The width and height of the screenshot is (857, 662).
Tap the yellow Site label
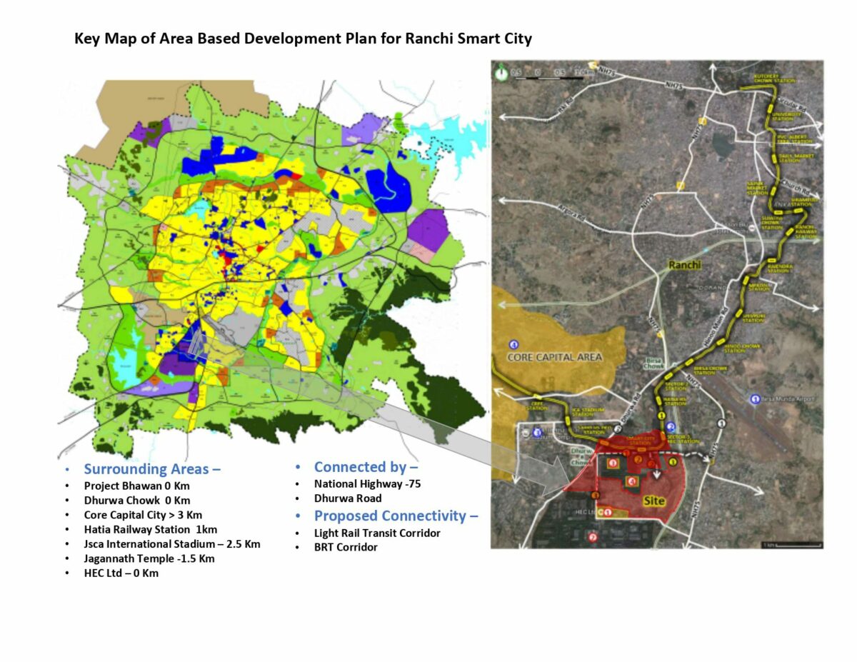click(x=653, y=501)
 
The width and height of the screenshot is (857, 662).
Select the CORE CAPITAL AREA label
click(x=555, y=356)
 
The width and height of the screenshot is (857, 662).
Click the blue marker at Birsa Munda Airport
click(x=756, y=398)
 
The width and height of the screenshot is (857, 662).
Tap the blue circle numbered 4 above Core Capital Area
click(x=514, y=345)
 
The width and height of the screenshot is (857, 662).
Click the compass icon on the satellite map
click(x=502, y=71)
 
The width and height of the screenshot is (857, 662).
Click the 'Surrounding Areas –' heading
click(x=152, y=469)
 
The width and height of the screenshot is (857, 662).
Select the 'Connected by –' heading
click(x=366, y=467)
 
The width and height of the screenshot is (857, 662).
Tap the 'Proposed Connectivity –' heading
click(x=396, y=516)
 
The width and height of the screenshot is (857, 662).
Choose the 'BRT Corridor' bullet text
click(x=346, y=548)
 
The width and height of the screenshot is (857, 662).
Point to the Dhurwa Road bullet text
click(x=348, y=498)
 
